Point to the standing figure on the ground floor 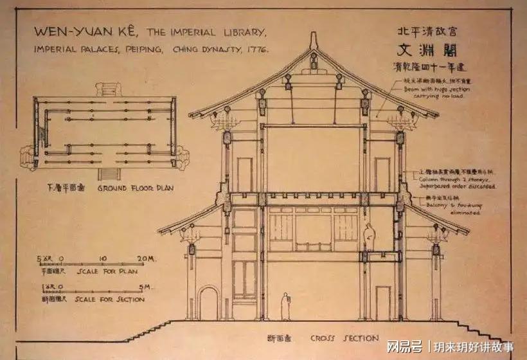(x=285, y=307)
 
